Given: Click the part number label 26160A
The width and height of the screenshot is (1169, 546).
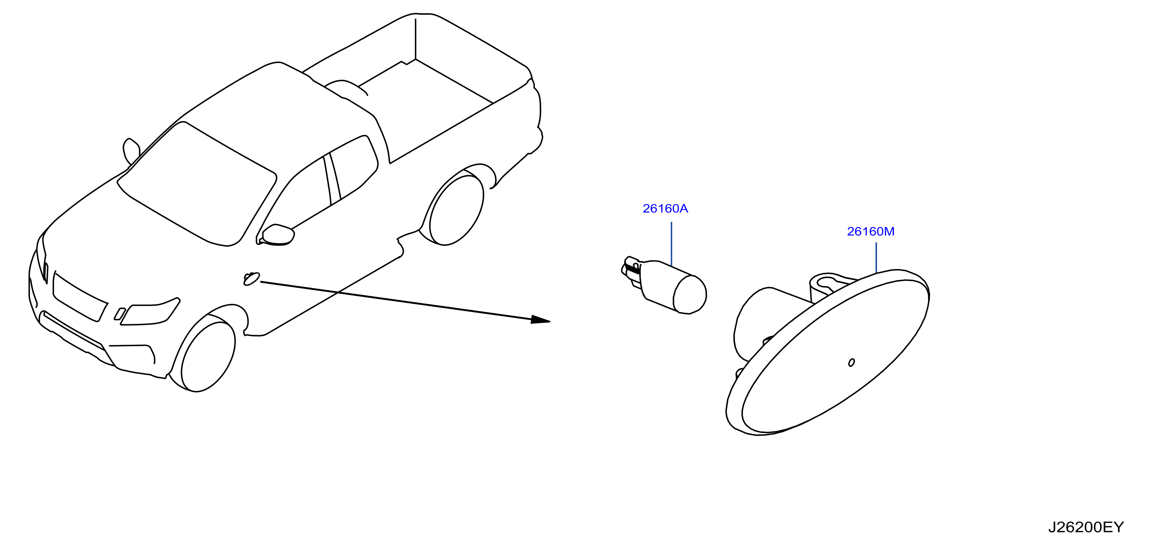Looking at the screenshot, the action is tap(665, 209).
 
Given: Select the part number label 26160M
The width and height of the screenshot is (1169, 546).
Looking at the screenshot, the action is tap(871, 231).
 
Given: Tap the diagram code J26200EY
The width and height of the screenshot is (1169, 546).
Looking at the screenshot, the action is tap(1086, 527).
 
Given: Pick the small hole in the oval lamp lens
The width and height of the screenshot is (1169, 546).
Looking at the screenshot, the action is tap(851, 362).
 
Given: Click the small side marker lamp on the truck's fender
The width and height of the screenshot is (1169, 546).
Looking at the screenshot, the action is tap(251, 279).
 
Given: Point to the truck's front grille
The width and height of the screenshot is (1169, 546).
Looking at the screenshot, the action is tap(80, 297).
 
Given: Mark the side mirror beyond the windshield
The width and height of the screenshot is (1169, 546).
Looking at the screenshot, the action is tap(131, 151).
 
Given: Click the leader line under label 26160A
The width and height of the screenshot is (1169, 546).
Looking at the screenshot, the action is tap(671, 244).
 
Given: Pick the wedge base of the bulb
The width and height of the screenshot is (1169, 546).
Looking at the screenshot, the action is tap(632, 272).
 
